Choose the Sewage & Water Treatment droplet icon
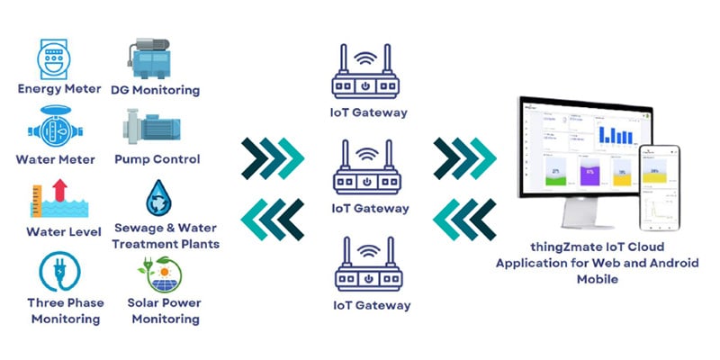pos(161,199)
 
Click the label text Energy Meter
pos(54,89)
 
